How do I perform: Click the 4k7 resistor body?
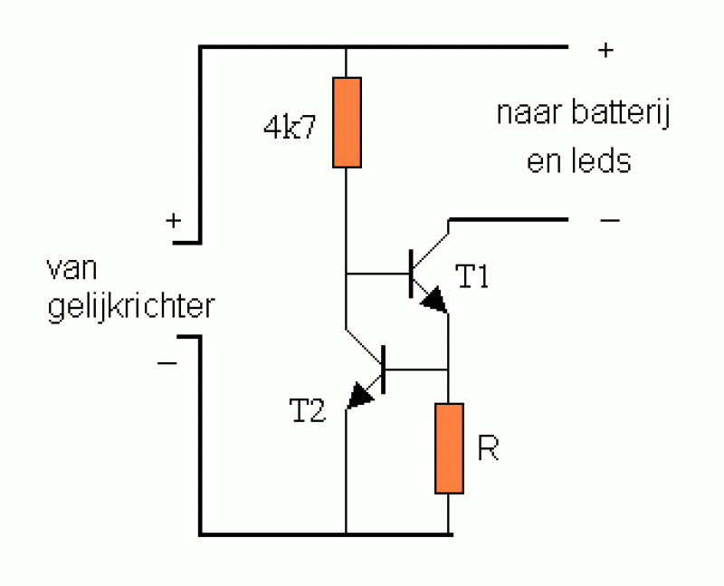pos(347,122)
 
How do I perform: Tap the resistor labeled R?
pos(450,448)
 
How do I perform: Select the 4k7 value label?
pos(291,128)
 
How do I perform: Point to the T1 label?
pos(472,278)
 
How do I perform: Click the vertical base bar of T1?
pos(412,272)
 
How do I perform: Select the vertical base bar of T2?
pos(385,370)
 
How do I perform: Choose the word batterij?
pos(621,115)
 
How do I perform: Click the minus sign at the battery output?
pos(609,220)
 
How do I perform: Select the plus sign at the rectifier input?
pos(172,220)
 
